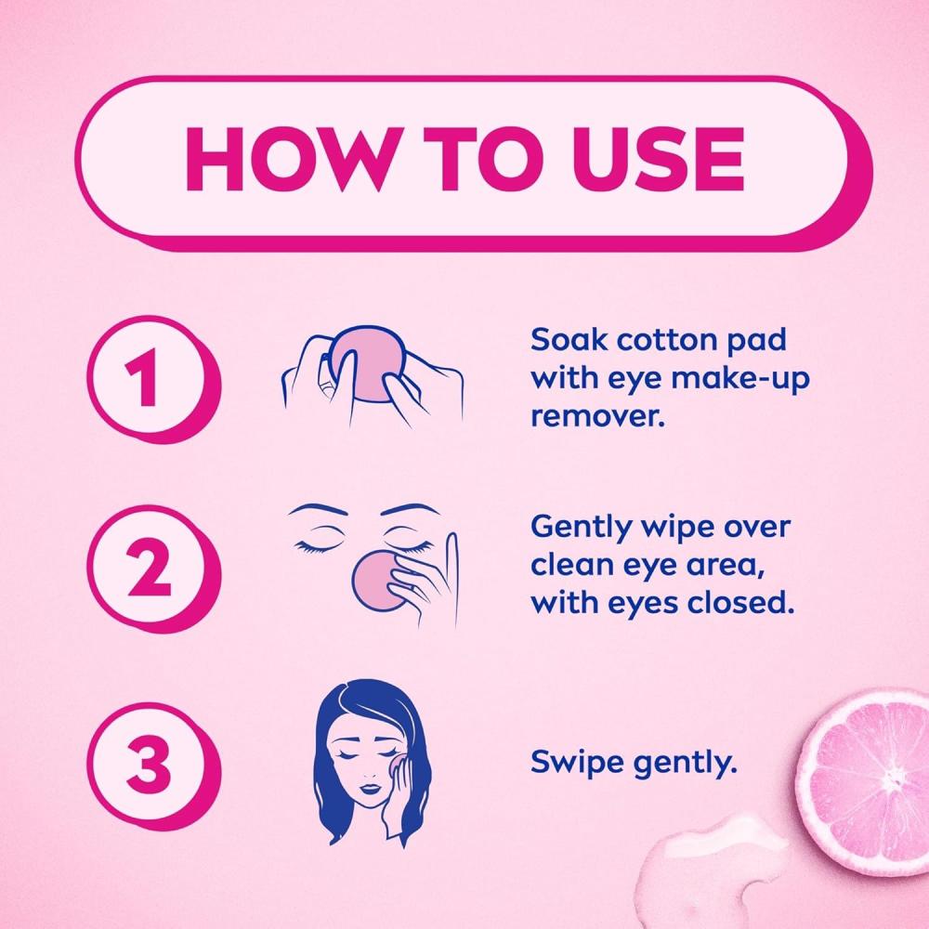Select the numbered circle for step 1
pyautogui.click(x=153, y=379)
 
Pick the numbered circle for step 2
pyautogui.click(x=153, y=569)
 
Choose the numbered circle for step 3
pyautogui.click(x=153, y=765)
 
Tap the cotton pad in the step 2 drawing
pyautogui.click(x=378, y=582)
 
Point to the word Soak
pyautogui.click(x=569, y=340)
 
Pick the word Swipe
pyautogui.click(x=577, y=763)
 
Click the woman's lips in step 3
pyautogui.click(x=369, y=788)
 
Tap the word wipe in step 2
pyautogui.click(x=680, y=529)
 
